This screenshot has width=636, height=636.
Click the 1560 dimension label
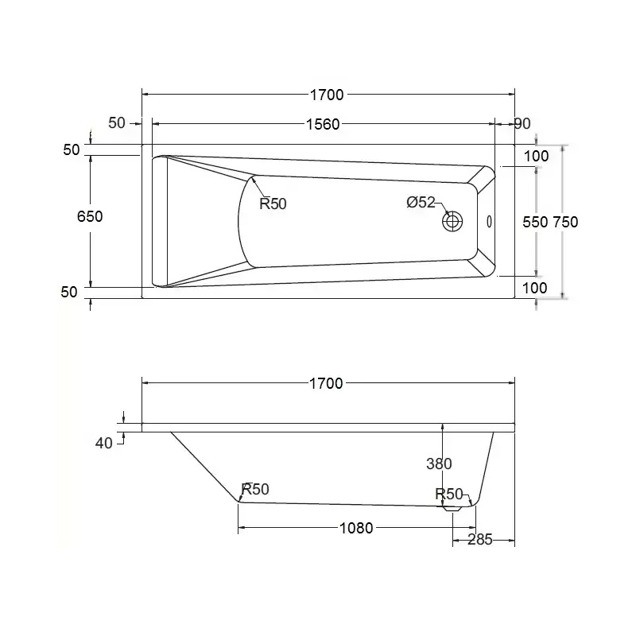[323, 124]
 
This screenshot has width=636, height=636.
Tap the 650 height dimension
[90, 216]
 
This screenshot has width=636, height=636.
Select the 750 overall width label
[565, 222]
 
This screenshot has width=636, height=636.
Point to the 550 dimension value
[535, 222]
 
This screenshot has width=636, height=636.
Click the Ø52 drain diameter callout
[421, 202]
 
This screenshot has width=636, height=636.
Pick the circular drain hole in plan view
[452, 222]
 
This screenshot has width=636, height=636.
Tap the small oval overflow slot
[489, 222]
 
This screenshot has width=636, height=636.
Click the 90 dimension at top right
[522, 123]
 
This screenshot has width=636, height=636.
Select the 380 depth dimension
[439, 463]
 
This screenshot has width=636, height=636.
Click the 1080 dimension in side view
[356, 528]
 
